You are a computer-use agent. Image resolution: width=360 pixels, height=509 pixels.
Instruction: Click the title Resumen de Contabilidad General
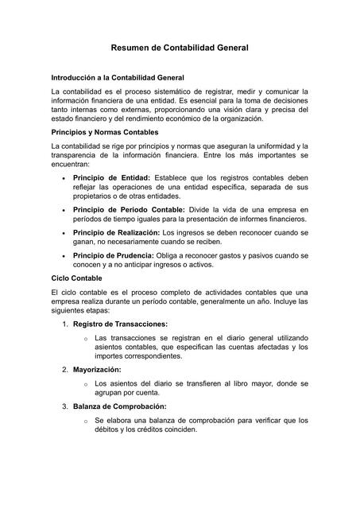[180, 48]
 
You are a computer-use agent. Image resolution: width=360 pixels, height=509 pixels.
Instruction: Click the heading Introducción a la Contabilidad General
[118, 78]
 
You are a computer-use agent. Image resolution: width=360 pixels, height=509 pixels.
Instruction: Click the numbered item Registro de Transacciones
[120, 324]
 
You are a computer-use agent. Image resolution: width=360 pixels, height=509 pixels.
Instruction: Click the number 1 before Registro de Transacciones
[64, 324]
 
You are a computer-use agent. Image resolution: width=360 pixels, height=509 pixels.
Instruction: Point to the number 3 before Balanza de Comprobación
[64, 406]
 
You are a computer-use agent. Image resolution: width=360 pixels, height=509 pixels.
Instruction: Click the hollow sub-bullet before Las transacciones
[85, 338]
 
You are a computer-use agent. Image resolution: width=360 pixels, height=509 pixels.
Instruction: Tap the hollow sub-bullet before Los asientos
[85, 383]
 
